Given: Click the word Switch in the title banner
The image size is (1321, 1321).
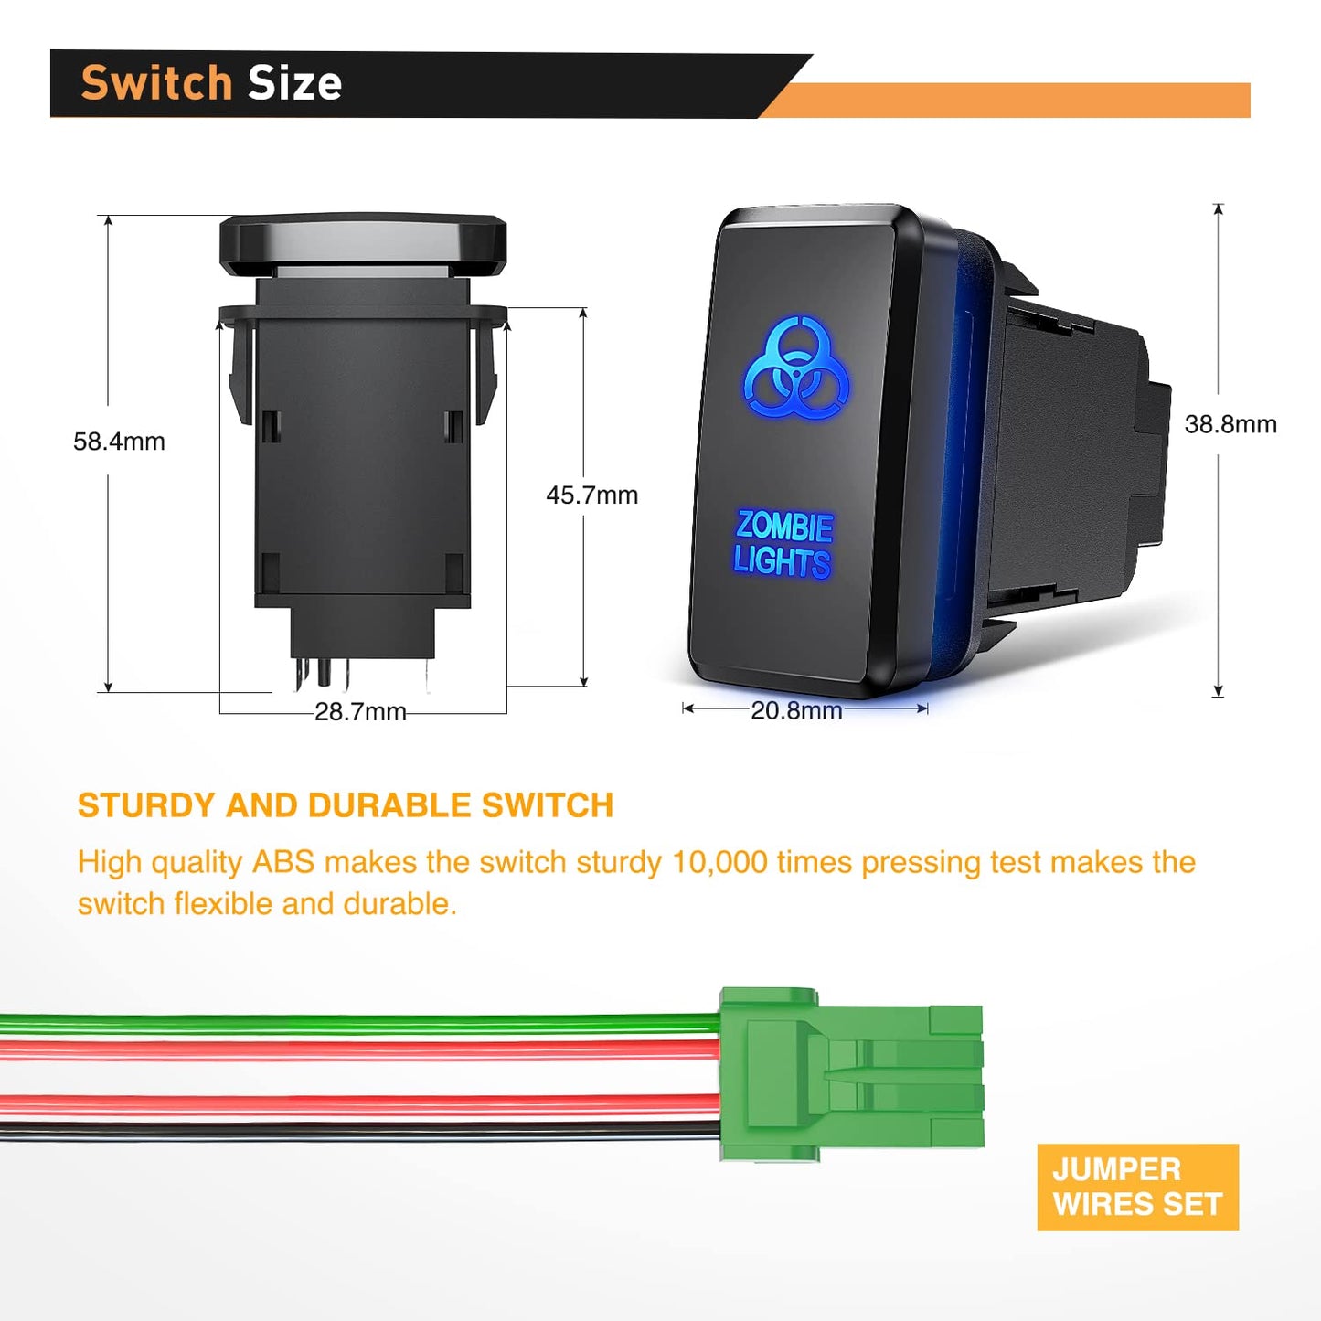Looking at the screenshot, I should tap(156, 83).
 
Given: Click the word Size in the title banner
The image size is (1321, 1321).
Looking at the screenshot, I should tap(294, 83).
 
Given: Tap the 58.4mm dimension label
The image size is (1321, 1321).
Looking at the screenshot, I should tap(119, 442).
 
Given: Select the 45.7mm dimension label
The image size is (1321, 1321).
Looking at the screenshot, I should tap(591, 495).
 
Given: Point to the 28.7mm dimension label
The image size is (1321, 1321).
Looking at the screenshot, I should tap(360, 712).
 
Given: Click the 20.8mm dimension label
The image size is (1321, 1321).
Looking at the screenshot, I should tap(796, 710).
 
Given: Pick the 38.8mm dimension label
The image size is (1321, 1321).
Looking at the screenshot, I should tap(1230, 424).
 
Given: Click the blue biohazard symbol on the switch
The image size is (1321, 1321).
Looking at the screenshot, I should tap(796, 368).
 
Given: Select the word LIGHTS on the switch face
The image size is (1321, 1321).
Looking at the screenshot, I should tap(782, 560).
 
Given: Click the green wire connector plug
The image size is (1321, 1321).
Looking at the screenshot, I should tap(850, 1075).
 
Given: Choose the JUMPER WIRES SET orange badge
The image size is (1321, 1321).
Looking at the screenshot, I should tap(1137, 1187).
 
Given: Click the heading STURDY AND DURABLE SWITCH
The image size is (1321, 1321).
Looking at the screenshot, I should tap(345, 805).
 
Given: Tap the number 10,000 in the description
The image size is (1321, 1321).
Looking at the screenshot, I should tap(719, 862).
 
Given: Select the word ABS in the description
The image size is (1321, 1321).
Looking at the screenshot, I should tap(283, 862).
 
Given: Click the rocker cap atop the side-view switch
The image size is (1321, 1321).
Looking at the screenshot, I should tap(363, 242).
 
